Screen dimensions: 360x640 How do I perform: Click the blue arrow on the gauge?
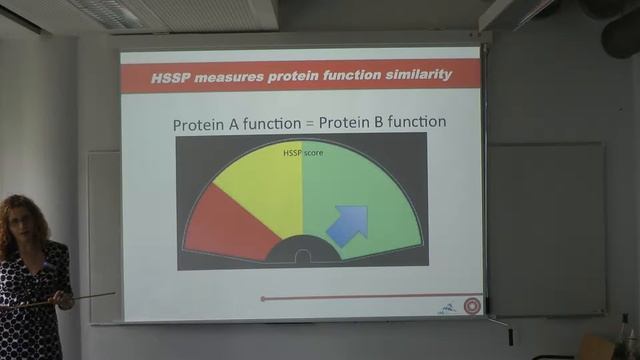[x=346, y=225]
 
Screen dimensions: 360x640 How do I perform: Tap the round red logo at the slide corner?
[x=472, y=306]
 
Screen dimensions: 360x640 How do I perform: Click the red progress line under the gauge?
[x=370, y=298]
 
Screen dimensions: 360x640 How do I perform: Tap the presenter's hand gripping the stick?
[x=63, y=298]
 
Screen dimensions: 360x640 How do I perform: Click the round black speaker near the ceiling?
[x=621, y=35]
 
